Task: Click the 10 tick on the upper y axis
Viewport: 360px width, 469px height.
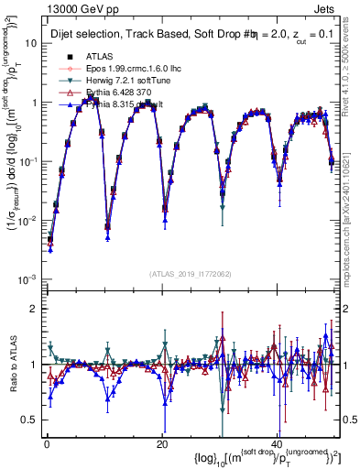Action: tap(29, 43)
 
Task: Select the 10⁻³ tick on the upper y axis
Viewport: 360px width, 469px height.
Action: tap(27, 278)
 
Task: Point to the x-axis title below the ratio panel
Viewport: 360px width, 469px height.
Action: tap(257, 457)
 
